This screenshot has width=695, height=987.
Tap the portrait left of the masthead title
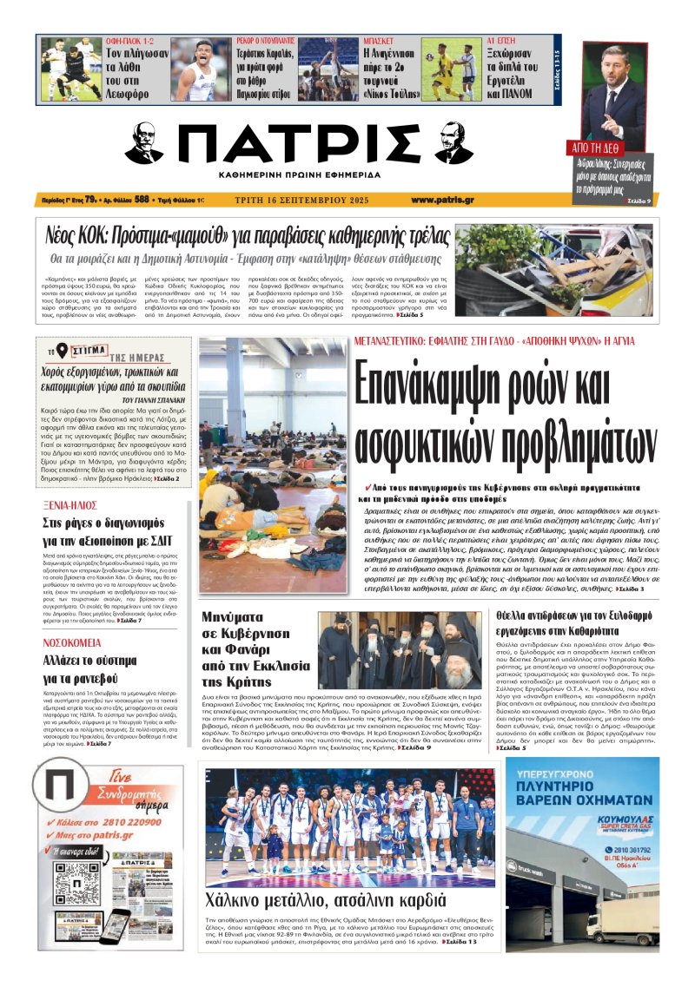click(x=143, y=143)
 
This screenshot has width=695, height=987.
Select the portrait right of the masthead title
click(x=453, y=143)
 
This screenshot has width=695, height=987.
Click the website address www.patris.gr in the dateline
click(x=442, y=200)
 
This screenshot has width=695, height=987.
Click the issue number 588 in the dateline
click(x=142, y=200)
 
